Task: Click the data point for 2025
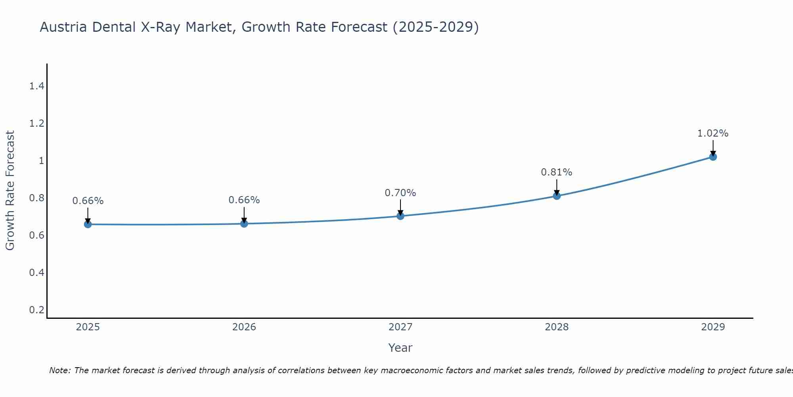point(88,224)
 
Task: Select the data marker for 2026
point(244,224)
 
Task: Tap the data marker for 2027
point(400,216)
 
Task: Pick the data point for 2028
point(557,196)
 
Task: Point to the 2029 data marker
point(713,157)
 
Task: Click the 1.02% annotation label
point(713,133)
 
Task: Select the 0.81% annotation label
point(557,172)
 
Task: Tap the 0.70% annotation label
point(400,193)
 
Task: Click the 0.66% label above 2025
point(88,201)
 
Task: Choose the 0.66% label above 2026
point(244,200)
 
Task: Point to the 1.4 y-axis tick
point(36,86)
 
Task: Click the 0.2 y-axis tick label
point(36,310)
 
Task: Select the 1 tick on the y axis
point(41,161)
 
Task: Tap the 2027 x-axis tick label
point(400,327)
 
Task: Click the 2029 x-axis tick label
point(713,327)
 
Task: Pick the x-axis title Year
point(400,348)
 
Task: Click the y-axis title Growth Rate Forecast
point(10,191)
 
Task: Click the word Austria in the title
point(63,27)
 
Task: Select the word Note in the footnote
point(59,370)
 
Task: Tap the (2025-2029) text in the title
point(436,27)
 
